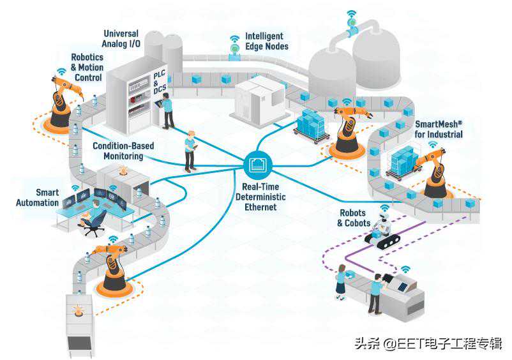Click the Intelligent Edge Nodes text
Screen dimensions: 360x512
(267, 41)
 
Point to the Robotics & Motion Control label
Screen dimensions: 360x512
(87, 67)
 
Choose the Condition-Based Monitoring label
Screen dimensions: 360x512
(123, 151)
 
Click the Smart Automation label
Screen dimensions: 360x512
(47, 197)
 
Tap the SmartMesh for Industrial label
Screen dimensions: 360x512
(439, 130)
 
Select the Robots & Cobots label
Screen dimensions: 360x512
(354, 218)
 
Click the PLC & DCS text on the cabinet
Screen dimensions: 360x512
(160, 83)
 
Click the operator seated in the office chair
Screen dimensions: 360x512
(94, 214)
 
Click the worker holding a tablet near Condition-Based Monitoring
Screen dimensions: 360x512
(190, 151)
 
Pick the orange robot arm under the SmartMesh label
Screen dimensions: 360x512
(436, 172)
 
